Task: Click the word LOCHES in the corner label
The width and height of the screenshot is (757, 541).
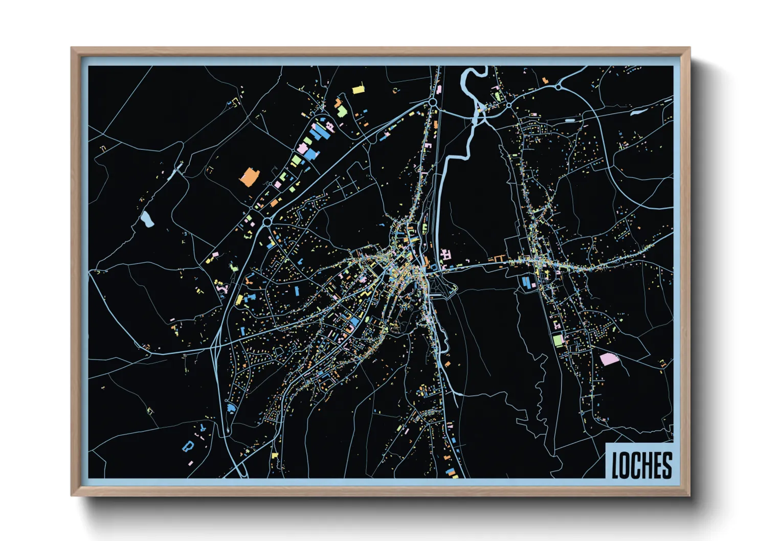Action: point(641,465)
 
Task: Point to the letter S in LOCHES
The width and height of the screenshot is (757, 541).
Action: point(666,465)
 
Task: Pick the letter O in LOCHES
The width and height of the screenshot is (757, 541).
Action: point(626,465)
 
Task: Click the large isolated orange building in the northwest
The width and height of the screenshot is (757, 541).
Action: point(250,176)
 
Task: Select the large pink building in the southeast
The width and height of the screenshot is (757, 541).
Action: point(609,359)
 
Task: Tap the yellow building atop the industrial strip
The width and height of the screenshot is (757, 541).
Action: point(358,90)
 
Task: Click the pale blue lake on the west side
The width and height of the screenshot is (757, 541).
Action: point(147,219)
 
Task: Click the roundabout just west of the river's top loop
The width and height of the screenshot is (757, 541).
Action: point(433,102)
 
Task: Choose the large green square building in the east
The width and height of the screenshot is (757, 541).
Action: point(558,340)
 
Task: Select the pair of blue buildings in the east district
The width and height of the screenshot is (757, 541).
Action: point(526,282)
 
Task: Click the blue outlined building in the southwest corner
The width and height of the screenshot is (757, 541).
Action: point(188,446)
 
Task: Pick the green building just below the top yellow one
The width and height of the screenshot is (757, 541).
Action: point(342,111)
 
